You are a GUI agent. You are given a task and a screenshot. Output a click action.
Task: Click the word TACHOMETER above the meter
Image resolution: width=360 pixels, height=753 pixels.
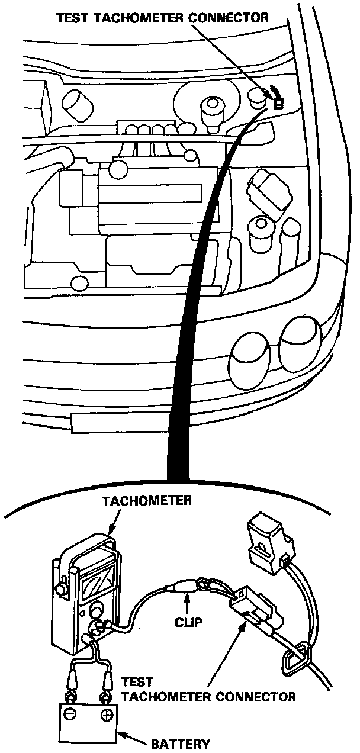(x=146, y=501)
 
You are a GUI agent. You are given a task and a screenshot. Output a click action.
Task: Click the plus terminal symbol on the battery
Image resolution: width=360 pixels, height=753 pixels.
(x=107, y=715)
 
